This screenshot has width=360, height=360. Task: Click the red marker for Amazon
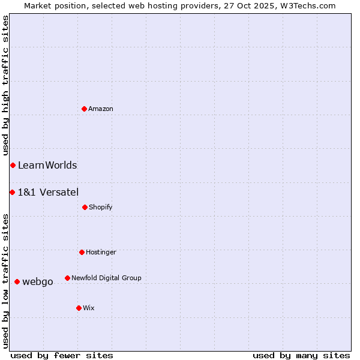pyautogui.click(x=85, y=109)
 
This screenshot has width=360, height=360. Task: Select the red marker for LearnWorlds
pyautogui.click(x=13, y=165)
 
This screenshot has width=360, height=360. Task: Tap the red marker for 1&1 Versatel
pyautogui.click(x=12, y=192)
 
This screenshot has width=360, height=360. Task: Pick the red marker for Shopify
pyautogui.click(x=85, y=207)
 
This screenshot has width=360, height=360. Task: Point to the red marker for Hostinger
pyautogui.click(x=82, y=252)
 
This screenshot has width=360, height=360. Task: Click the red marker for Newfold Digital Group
pyautogui.click(x=67, y=278)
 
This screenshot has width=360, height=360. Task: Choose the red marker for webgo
pyautogui.click(x=17, y=281)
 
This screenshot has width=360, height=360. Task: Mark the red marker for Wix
pyautogui.click(x=79, y=308)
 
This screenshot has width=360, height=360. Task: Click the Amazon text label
pyautogui.click(x=101, y=109)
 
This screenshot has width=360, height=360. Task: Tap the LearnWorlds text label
pyautogui.click(x=47, y=165)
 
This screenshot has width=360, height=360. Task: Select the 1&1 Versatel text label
pyautogui.click(x=48, y=192)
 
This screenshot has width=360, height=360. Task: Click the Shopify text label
pyautogui.click(x=101, y=207)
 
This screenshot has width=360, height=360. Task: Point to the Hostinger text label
pyautogui.click(x=101, y=252)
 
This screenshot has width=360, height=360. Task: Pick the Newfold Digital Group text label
pyautogui.click(x=106, y=278)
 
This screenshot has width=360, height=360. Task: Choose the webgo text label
pyautogui.click(x=38, y=281)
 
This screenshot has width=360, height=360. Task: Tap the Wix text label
pyautogui.click(x=89, y=308)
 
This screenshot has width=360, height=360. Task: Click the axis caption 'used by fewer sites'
pyautogui.click(x=62, y=355)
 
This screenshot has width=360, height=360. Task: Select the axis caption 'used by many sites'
pyautogui.click(x=301, y=355)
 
